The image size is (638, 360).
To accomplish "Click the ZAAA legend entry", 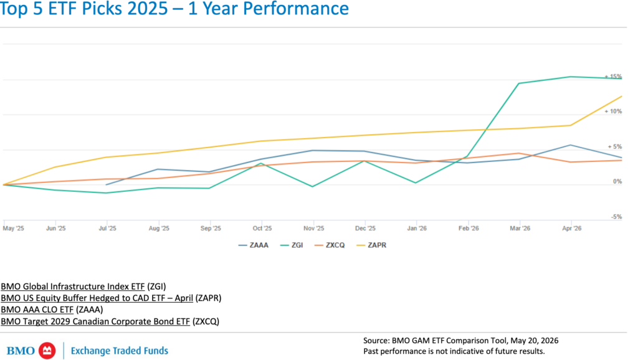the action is point(253,245).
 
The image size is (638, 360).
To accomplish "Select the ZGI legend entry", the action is point(292,245).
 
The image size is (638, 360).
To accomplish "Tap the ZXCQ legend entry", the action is point(330,245).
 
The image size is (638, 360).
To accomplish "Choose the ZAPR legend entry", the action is point(371,245).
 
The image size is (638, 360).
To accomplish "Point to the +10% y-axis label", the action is point(613,111).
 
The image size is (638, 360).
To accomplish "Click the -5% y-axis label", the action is point(616,217).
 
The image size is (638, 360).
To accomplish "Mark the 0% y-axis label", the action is point(617,181).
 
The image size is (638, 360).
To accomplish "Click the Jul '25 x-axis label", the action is point(107,228).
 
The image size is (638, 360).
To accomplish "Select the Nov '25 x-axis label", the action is point(314,228).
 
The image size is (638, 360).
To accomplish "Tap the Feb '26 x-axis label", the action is point(469,228).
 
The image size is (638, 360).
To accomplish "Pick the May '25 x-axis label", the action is point(14,228).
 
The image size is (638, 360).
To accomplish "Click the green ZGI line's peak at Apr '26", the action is point(571,77).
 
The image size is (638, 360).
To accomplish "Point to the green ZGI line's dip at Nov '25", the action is point(313,187).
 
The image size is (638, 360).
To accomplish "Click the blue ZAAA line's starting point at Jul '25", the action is point(106,185).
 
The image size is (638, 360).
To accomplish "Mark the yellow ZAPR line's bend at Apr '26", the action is point(571,125).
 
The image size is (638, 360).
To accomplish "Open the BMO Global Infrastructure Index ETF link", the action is point(73,287).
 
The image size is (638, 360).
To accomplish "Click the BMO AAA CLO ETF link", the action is point(37,310).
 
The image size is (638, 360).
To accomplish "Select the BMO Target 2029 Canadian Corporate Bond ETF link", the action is point(95,321).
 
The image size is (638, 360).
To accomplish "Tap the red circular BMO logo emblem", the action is point(47,351).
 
